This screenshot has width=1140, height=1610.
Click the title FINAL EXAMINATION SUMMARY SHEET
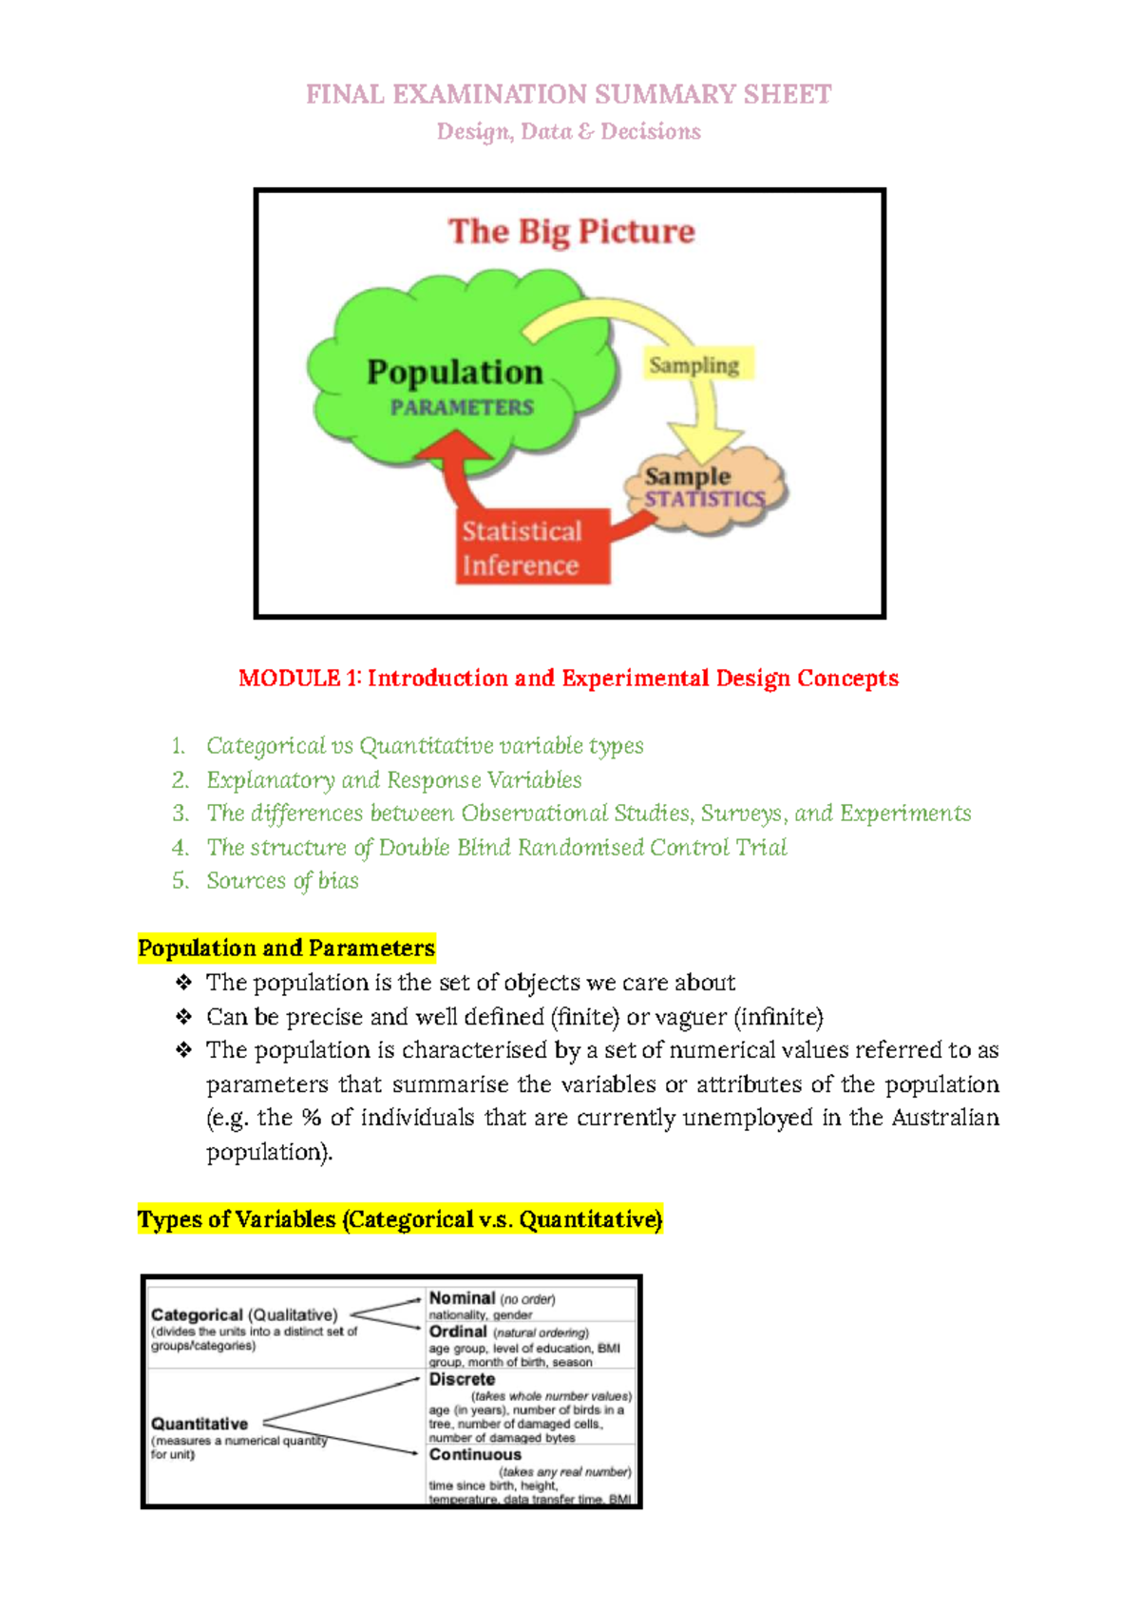pyautogui.click(x=568, y=95)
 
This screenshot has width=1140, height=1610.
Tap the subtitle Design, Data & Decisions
pyautogui.click(x=568, y=131)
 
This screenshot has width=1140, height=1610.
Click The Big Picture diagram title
pyautogui.click(x=571, y=231)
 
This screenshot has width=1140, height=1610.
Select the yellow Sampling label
pyautogui.click(x=693, y=365)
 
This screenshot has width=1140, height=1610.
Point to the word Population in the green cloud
pyautogui.click(x=455, y=372)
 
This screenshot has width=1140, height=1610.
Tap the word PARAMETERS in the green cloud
pyautogui.click(x=462, y=408)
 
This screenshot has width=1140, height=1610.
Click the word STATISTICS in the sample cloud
pyautogui.click(x=705, y=499)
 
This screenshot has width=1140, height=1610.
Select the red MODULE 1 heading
pyautogui.click(x=568, y=678)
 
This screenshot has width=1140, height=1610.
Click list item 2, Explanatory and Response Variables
pyautogui.click(x=393, y=780)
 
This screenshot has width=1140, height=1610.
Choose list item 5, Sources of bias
pyautogui.click(x=282, y=881)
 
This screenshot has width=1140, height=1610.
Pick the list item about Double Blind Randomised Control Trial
pyautogui.click(x=496, y=847)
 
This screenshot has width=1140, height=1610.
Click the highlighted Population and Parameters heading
pyautogui.click(x=286, y=948)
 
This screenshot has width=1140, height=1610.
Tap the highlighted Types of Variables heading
pyautogui.click(x=400, y=1219)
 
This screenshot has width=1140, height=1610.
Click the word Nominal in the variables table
pyautogui.click(x=462, y=1298)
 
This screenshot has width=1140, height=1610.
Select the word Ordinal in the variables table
pyautogui.click(x=458, y=1332)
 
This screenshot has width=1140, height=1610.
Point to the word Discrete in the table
pyautogui.click(x=462, y=1379)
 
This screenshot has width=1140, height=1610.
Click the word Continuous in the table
pyautogui.click(x=475, y=1454)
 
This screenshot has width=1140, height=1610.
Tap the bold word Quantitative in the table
pyautogui.click(x=199, y=1424)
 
